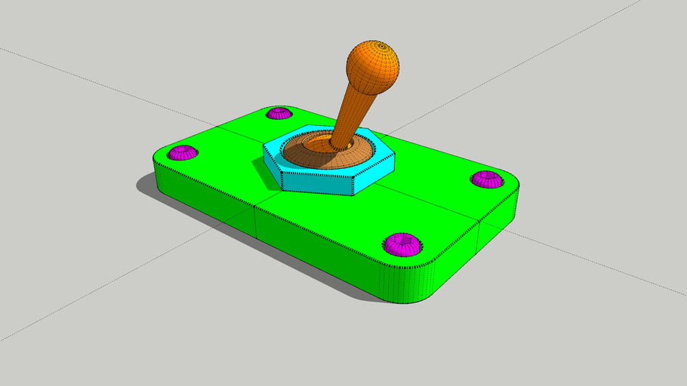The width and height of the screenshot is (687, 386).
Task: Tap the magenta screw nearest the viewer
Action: [401, 244]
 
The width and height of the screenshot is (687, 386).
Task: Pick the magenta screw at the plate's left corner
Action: [182, 153]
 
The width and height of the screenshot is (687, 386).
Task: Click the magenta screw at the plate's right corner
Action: [487, 179]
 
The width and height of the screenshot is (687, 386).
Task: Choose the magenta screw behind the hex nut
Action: [279, 114]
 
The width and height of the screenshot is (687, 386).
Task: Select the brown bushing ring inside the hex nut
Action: [310, 154]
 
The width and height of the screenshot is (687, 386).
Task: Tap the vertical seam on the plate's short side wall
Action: [479, 238]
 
